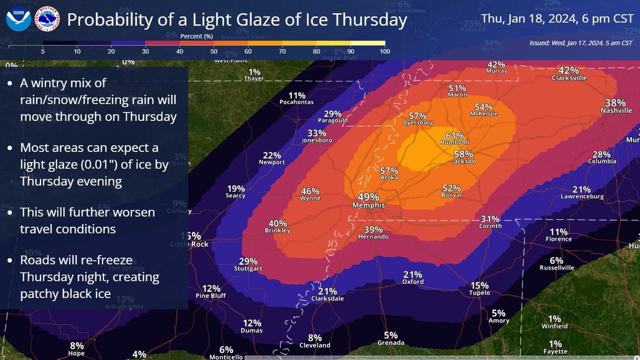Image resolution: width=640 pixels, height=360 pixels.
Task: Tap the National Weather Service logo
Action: click(x=47, y=20)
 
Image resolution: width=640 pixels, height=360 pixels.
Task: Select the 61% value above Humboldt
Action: click(x=454, y=135)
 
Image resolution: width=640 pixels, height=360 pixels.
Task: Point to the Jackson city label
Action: click(x=464, y=161)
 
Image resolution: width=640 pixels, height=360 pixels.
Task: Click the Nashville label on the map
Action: click(x=615, y=111)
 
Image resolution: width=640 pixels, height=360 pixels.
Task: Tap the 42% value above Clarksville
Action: click(x=569, y=70)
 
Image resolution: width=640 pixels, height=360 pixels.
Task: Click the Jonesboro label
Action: click(x=317, y=140)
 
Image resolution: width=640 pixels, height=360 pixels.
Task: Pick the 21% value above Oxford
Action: click(x=413, y=274)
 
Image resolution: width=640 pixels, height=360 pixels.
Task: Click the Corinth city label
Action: click(x=490, y=226)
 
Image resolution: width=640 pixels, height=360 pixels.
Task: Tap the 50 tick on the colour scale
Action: click(x=213, y=51)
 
